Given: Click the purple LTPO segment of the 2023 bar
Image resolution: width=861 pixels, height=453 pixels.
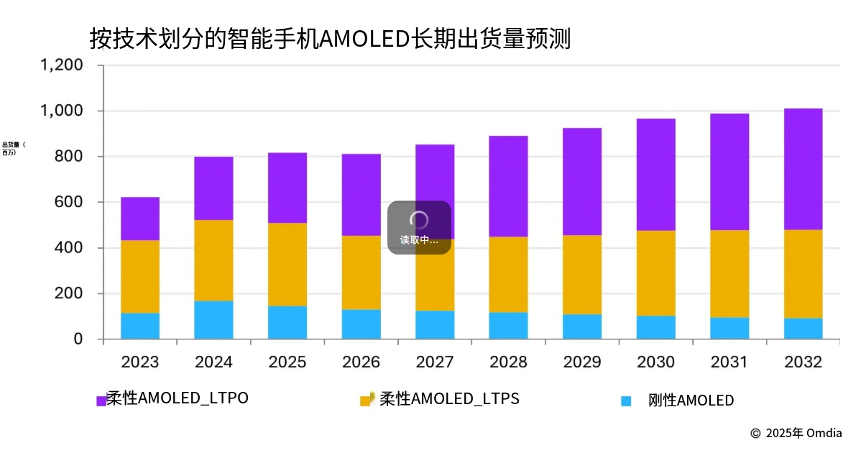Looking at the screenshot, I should coord(140,219).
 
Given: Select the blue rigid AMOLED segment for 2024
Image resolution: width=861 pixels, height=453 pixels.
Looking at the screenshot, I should coord(213,320).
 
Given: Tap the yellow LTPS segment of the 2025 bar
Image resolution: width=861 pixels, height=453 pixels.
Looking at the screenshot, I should coord(287,265).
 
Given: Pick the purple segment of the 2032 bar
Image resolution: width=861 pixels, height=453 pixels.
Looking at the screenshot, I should coord(803,169).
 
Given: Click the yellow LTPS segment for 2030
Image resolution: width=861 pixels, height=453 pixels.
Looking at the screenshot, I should coord(655,273).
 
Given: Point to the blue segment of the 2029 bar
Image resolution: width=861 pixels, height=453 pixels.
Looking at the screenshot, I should coord(582,326).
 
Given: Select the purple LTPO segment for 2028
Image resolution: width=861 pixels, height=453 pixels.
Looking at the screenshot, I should coord(508,186).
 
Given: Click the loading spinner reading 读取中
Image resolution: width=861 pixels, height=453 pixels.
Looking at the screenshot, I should coord(419,227).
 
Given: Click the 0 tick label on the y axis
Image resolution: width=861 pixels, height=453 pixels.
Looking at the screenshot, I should coord(78,339).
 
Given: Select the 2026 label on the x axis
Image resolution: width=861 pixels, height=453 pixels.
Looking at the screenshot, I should coord(361,362).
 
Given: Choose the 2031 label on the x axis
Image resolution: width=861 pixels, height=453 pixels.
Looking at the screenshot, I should coord(729,362).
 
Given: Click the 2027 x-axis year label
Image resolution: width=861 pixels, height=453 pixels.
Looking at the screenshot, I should coord(435,362).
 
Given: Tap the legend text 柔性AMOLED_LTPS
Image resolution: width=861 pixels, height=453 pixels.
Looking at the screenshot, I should coord(449,398).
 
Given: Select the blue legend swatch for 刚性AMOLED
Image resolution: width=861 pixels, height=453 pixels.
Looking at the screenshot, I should coord(626,401).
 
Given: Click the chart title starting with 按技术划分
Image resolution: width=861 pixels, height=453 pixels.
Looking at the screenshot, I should coord(330,38).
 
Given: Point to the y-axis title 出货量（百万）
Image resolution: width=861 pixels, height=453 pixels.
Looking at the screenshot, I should coord(14,149).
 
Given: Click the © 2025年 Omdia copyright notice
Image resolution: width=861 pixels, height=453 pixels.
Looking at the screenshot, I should coord(796,433).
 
